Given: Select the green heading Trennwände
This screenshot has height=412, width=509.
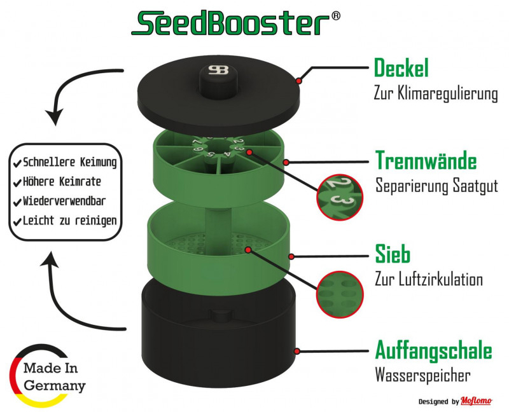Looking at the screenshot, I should pos(426,161).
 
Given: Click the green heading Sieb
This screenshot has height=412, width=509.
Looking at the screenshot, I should pos(393,254).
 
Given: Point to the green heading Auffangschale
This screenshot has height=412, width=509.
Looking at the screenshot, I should pos(433,350).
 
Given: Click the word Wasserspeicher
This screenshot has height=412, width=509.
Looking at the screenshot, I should pos(422,375).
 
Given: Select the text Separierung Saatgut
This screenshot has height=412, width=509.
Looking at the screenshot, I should pos(436,187).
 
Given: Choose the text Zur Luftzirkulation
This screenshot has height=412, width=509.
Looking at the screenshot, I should pos(429,280).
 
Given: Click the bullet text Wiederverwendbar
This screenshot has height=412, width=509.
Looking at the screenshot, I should pos(64,202).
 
